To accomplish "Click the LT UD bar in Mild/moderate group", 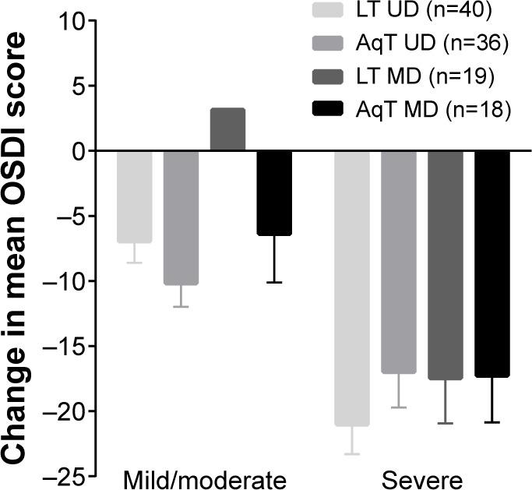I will click(x=134, y=196).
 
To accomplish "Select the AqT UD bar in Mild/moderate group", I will click(x=181, y=217).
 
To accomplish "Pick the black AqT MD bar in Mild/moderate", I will click(x=274, y=192).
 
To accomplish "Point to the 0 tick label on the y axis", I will click(x=78, y=151).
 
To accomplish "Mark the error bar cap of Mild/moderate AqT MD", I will click(x=274, y=282).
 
